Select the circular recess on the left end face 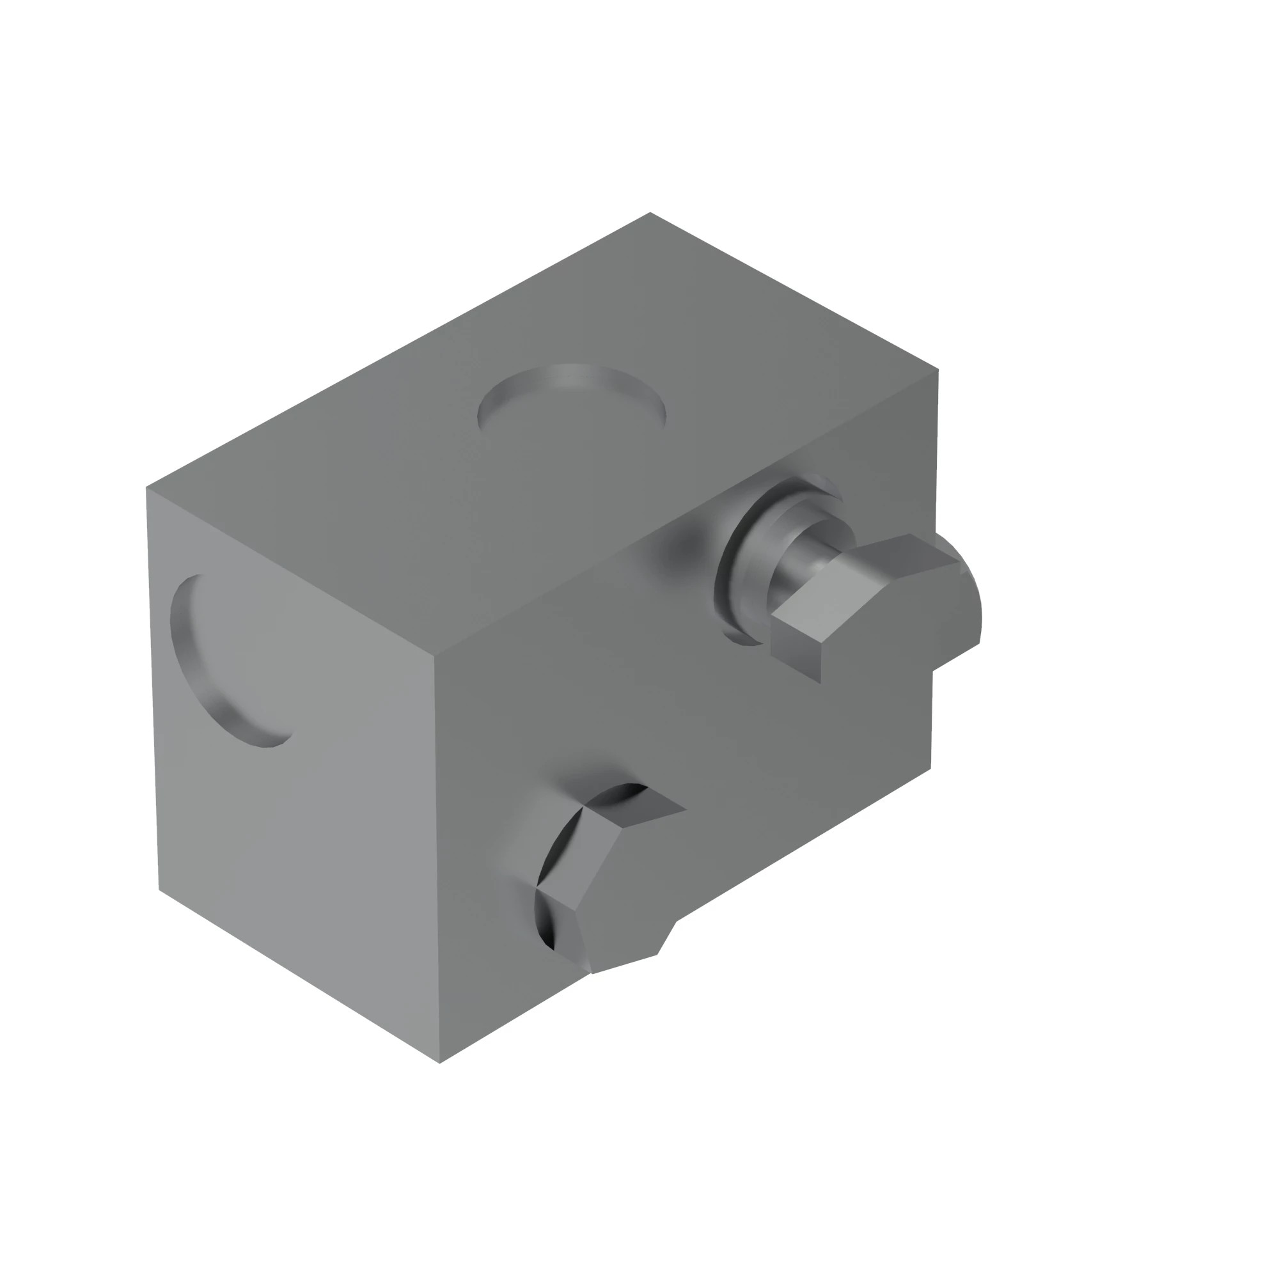231,662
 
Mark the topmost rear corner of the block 650,212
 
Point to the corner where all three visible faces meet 434,656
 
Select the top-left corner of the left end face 146,487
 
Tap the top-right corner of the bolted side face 938,370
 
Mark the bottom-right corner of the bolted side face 930,769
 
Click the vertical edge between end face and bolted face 437,861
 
